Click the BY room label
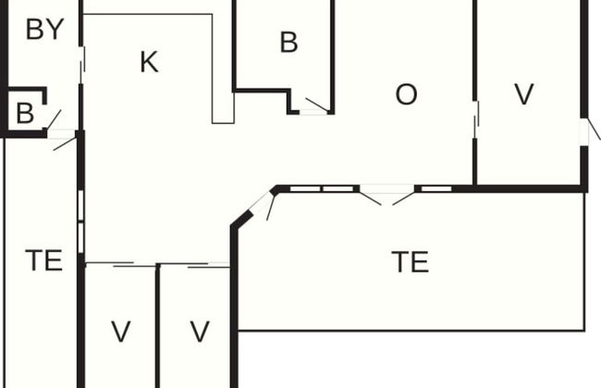click(x=44, y=30)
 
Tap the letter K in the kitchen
click(x=148, y=63)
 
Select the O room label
click(x=406, y=94)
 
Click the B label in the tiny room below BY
click(x=25, y=114)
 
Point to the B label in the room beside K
click(x=288, y=42)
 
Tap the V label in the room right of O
click(x=524, y=94)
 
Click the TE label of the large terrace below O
click(x=411, y=262)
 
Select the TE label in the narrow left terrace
click(x=43, y=261)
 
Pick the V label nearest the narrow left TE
click(x=120, y=331)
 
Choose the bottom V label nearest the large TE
click(x=200, y=331)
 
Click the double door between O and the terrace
click(x=387, y=195)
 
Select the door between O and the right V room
click(x=476, y=119)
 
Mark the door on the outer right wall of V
click(x=588, y=131)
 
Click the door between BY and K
click(x=82, y=66)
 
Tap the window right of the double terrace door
click(x=434, y=189)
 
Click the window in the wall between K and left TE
click(x=81, y=222)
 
